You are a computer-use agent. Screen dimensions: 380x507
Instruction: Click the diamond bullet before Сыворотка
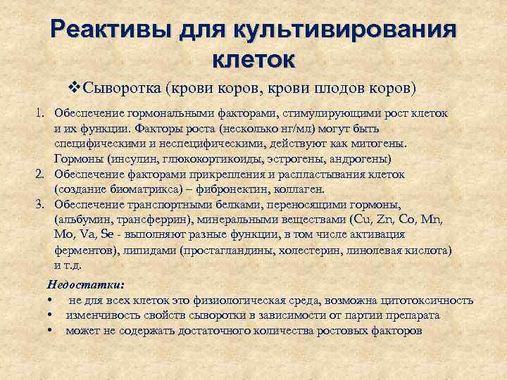(76, 89)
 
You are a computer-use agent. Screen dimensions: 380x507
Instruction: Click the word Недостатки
(84, 284)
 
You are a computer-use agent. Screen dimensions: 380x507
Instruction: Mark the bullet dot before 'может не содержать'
(51, 331)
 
